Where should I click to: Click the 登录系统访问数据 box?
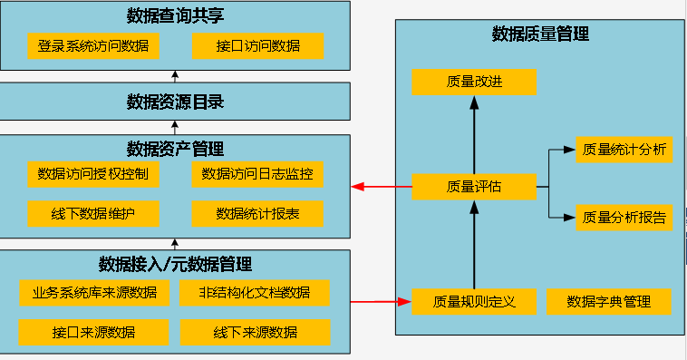point(93,44)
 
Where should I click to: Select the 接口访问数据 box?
point(257,44)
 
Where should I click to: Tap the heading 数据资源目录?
point(175,102)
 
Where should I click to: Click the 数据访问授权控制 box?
point(93,174)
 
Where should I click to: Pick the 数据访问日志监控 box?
point(257,174)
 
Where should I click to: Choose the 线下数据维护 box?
point(93,214)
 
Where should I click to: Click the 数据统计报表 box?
point(257,214)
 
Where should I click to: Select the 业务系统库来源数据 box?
point(93,293)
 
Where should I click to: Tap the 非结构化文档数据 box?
point(256,293)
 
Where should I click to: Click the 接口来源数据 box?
point(93,333)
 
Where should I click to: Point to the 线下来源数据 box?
point(256,333)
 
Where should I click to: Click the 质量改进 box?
point(474,82)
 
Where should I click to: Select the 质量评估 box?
point(474,188)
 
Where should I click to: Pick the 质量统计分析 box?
point(624,150)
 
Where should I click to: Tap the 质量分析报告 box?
point(624,218)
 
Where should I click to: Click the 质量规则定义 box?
point(474,301)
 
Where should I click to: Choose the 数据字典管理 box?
point(610,301)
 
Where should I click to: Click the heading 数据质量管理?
point(540,34)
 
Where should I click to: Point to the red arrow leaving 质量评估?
point(382,188)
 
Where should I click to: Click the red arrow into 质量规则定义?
point(381,301)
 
